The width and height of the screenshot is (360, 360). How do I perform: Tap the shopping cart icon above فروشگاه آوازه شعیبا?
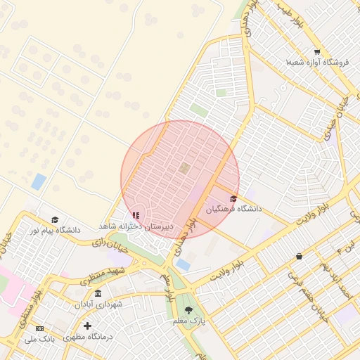[317, 52]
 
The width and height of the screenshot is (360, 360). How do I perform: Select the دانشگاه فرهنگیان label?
[233, 209]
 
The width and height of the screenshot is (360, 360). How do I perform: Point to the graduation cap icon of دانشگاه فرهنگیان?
[233, 198]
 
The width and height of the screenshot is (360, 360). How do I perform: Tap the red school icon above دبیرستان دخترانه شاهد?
[136, 215]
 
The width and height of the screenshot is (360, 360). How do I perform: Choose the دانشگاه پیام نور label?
[55, 230]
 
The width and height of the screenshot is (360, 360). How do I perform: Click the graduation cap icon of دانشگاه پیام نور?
[55, 219]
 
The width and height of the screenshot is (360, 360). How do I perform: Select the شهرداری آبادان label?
[98, 304]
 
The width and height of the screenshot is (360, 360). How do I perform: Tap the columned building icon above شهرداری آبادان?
[98, 293]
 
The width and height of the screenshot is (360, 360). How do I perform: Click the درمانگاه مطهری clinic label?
[88, 337]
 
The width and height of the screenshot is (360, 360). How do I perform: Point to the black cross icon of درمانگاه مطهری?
[87, 326]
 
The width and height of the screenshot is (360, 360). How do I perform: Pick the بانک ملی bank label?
[40, 339]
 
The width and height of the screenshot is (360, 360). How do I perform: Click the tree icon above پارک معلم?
[188, 310]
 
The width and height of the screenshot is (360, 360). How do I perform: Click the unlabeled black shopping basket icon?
[300, 257]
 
